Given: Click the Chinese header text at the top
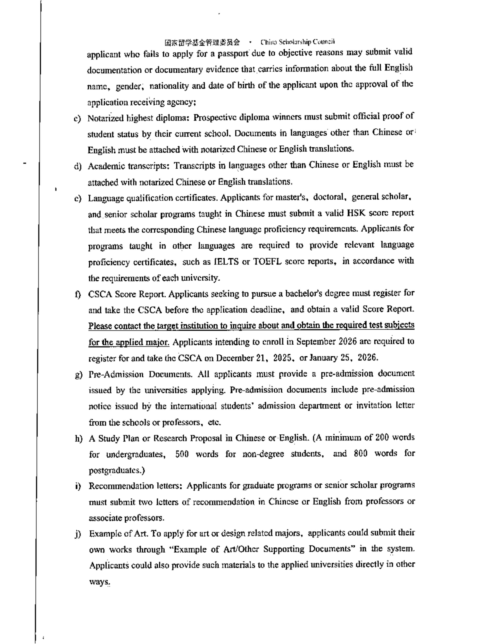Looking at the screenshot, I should tap(202, 43).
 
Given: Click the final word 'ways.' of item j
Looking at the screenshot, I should tap(99, 582).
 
